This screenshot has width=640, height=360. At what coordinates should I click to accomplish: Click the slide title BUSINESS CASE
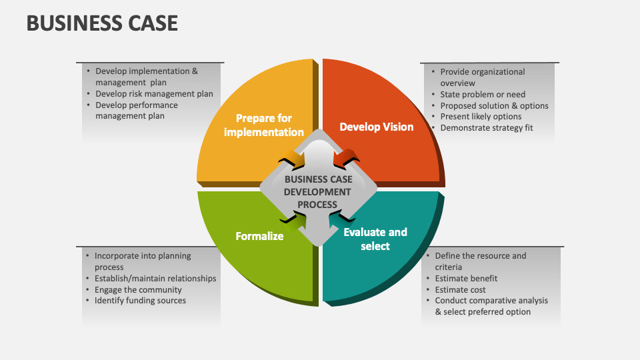[x=102, y=23]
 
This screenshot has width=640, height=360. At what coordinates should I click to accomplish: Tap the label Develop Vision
[x=376, y=127]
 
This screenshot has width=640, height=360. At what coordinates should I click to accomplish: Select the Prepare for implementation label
[x=264, y=125]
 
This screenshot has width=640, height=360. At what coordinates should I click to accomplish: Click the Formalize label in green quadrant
[x=259, y=236]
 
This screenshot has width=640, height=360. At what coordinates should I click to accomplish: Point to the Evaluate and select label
[x=375, y=239]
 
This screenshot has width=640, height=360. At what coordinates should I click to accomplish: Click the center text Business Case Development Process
[x=318, y=192]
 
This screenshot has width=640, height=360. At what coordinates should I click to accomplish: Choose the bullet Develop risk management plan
[x=154, y=94]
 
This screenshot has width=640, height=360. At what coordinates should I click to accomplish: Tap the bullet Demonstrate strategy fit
[x=487, y=128]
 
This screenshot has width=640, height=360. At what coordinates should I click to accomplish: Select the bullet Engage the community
[x=138, y=289]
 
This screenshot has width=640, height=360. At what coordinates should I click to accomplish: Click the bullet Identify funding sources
[x=140, y=301]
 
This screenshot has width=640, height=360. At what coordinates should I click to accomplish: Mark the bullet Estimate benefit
[x=466, y=278]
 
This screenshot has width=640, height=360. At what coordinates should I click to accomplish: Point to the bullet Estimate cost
[x=460, y=289]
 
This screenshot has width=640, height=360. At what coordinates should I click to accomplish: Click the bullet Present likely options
[x=481, y=117]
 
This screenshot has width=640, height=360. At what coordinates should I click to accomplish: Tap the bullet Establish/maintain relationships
[x=155, y=278]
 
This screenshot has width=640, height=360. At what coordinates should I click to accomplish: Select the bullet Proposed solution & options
[x=494, y=105]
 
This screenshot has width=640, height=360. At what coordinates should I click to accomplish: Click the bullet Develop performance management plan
[x=136, y=110]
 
